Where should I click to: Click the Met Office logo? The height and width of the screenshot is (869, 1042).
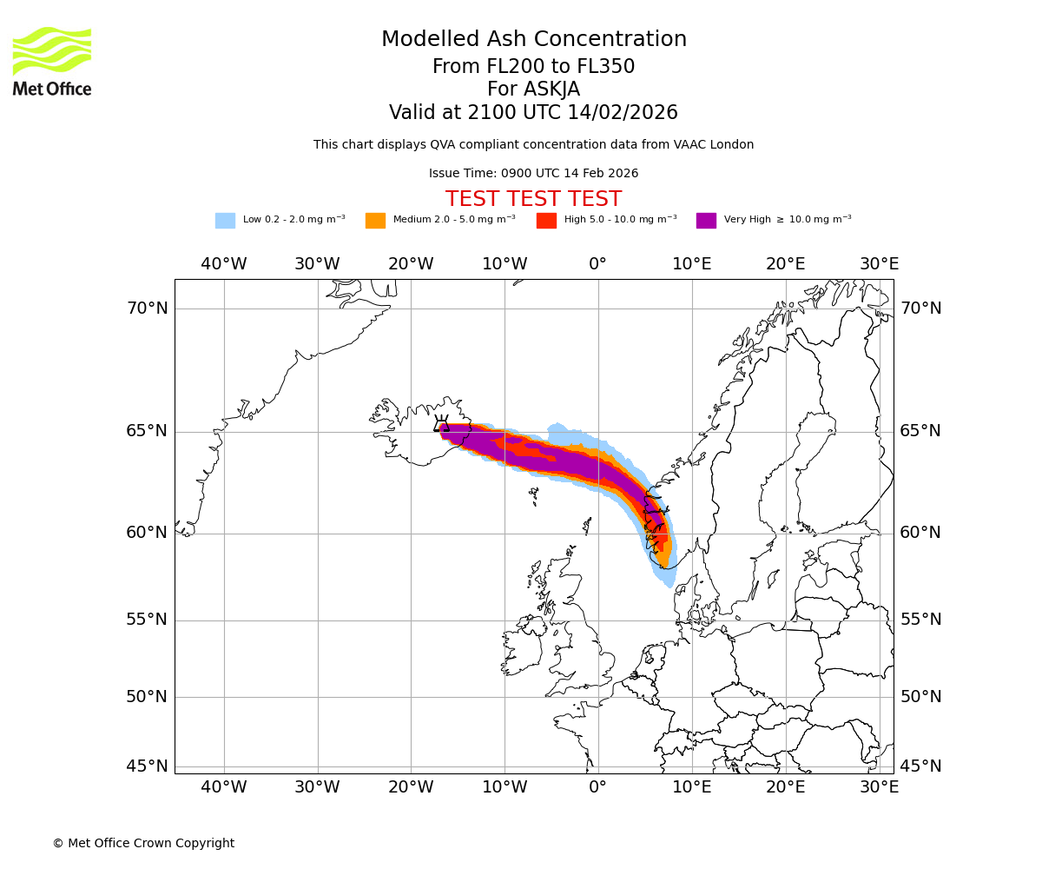pos(52,61)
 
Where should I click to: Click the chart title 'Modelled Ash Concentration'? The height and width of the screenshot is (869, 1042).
pos(533,40)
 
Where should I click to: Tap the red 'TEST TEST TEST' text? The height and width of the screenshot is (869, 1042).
pos(533,199)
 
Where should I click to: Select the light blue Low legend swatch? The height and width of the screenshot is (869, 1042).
pos(225,220)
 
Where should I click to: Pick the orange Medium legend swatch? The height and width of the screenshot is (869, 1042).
pos(375,220)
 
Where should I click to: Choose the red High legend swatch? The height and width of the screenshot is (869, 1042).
pos(546,220)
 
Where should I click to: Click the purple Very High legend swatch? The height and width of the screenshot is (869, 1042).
pos(706,220)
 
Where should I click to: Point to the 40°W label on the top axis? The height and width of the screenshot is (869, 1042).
pos(224,263)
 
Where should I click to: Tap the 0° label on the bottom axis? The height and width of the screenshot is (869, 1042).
pos(598,787)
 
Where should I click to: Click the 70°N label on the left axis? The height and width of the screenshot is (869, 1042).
pos(147,308)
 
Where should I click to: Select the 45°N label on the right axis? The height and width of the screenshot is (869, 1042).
pos(920,766)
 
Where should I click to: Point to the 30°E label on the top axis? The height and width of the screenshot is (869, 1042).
pos(880,263)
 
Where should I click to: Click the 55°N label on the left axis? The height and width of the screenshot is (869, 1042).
pos(147,620)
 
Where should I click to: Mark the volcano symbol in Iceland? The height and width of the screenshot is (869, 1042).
pos(441,426)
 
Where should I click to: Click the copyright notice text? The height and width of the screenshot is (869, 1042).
pos(143,843)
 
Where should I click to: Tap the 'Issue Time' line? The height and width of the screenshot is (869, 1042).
pos(533,173)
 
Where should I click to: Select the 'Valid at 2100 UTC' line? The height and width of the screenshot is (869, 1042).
pos(533,113)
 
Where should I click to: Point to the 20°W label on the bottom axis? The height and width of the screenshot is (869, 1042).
pos(411,787)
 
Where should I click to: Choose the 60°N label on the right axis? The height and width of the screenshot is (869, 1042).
pos(920,533)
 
